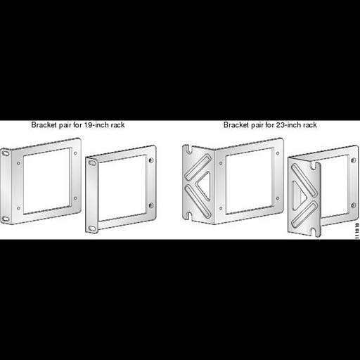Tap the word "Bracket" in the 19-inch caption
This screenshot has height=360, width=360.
(44, 125)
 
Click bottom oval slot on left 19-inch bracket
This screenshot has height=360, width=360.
(6, 219)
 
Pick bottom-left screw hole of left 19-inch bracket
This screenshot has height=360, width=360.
(18, 209)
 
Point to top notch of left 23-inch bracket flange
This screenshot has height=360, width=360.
(188, 147)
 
